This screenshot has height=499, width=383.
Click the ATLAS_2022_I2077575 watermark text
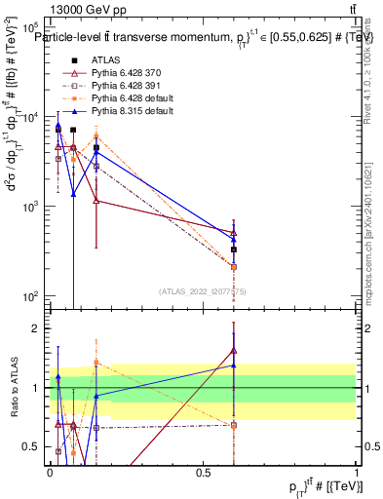pos(203,291)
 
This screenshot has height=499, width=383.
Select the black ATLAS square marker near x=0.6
pos(234,249)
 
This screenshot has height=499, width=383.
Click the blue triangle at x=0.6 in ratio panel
pos(234,365)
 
